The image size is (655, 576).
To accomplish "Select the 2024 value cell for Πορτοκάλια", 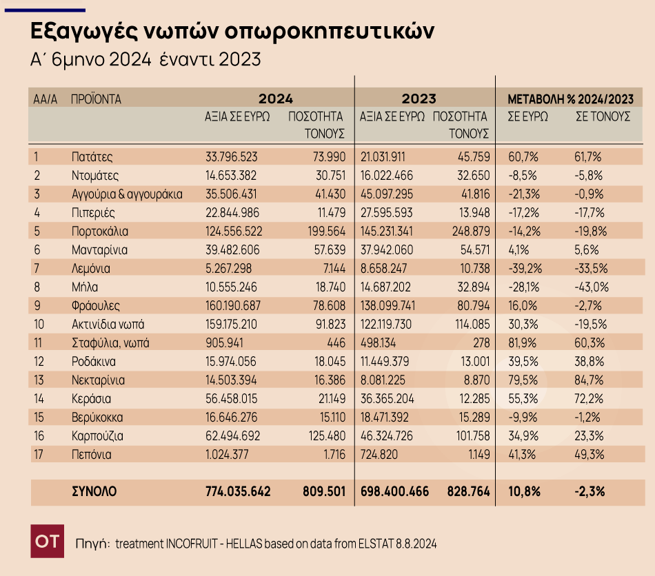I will (239, 231).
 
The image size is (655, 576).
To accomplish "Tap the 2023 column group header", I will (419, 99).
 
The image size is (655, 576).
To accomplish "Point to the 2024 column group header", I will (276, 99).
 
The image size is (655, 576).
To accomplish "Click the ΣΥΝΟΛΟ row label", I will (94, 491).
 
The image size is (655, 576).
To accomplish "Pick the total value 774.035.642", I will (239, 491).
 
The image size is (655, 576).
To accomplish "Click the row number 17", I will (39, 454).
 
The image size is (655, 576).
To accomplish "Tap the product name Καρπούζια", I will (97, 435).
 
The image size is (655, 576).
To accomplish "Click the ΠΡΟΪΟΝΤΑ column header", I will (96, 99).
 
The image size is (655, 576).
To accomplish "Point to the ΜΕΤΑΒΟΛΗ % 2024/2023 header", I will (570, 99).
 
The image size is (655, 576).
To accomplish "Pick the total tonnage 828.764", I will (465, 491).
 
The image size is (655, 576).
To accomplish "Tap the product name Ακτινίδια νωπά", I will (108, 324).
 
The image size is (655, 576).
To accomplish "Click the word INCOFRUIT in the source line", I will (195, 544).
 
